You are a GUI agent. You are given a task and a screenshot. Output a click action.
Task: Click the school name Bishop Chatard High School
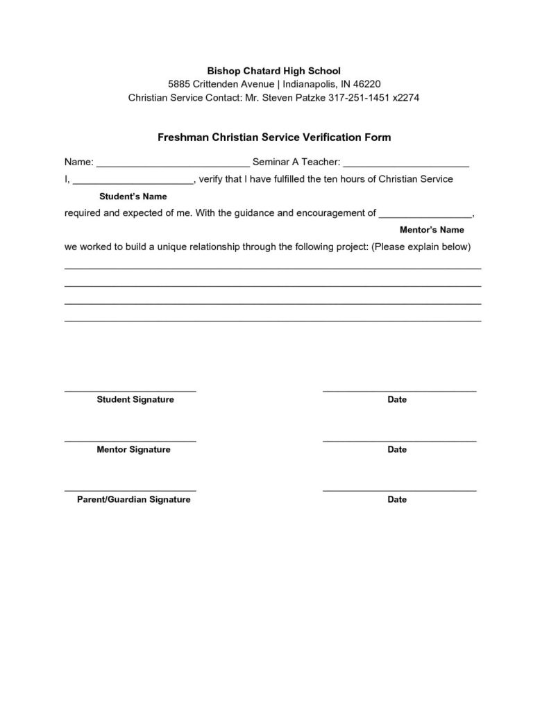tap(274, 71)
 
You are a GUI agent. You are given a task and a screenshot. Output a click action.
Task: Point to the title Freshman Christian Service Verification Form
tap(274, 137)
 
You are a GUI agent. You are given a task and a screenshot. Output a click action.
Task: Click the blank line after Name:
tap(173, 165)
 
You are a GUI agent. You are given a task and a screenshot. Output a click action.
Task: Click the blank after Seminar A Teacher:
tap(406, 165)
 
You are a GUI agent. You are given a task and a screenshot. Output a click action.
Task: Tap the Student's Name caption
tap(133, 196)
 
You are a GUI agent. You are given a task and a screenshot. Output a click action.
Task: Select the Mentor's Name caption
tap(432, 230)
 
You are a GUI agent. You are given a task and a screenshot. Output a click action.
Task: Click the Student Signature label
tap(135, 400)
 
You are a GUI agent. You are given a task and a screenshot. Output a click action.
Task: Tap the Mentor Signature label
tap(133, 450)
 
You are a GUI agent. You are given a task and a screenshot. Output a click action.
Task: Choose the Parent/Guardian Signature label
tap(133, 500)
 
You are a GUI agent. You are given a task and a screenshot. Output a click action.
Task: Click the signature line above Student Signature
tap(130, 392)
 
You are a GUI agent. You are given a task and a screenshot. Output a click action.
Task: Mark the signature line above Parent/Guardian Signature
tap(130, 492)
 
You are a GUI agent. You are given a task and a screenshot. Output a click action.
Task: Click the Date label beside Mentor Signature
tap(397, 450)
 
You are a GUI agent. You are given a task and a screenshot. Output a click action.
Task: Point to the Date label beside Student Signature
tap(397, 400)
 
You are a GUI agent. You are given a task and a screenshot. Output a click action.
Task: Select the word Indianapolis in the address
tap(308, 84)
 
